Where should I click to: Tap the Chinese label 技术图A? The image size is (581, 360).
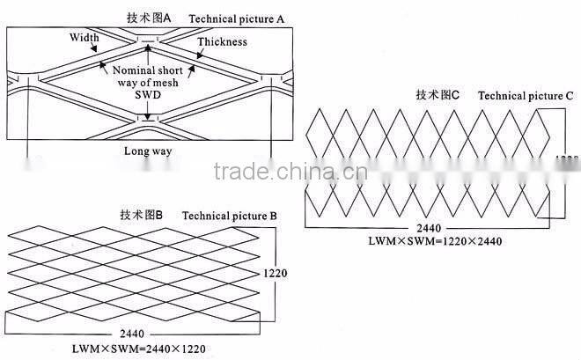[152, 18]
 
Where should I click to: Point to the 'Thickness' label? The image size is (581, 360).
[222, 41]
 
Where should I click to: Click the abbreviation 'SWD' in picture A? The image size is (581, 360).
[149, 95]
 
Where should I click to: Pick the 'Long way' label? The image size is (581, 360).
[148, 151]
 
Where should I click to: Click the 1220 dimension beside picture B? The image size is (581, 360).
[276, 274]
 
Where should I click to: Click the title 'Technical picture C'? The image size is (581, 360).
[526, 95]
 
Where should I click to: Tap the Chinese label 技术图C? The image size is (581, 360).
[438, 95]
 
